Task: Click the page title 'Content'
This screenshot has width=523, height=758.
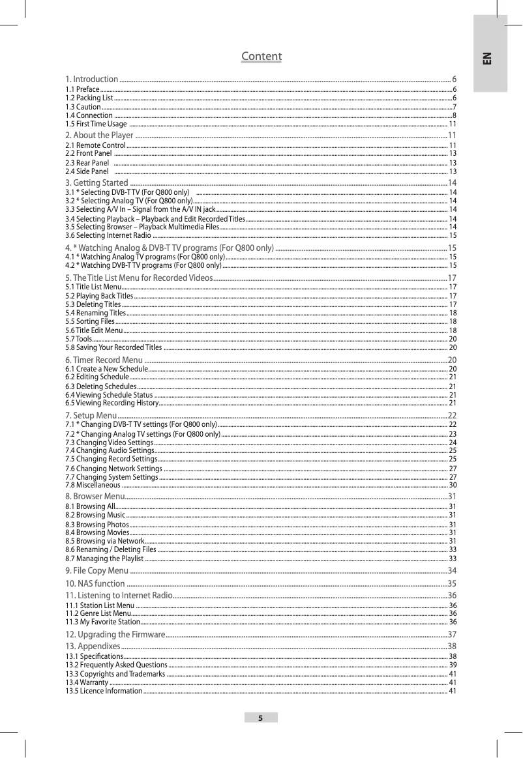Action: (x=261, y=57)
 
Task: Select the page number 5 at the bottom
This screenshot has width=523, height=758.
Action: (x=261, y=718)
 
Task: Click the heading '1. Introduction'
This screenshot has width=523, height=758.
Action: (x=92, y=79)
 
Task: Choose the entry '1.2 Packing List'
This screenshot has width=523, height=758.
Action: (x=84, y=97)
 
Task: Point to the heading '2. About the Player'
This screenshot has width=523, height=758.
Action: (x=100, y=135)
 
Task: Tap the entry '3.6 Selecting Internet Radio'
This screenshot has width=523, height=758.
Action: (x=109, y=235)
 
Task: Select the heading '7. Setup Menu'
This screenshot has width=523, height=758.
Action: (x=91, y=415)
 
